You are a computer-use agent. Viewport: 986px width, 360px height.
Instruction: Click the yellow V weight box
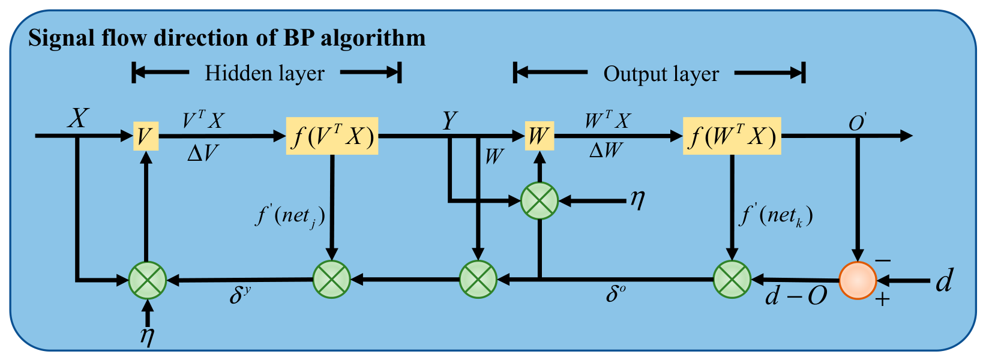(x=146, y=136)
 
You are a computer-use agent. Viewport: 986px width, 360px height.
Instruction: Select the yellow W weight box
(x=540, y=136)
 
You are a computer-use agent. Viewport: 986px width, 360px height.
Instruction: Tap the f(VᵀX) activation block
(x=332, y=136)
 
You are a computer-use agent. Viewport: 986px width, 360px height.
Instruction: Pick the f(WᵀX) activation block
(x=732, y=136)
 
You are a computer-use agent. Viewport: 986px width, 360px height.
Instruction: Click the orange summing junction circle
(x=858, y=280)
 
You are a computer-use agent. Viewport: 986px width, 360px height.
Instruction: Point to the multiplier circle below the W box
(x=540, y=200)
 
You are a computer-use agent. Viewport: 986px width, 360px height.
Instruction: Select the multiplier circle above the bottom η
(x=148, y=280)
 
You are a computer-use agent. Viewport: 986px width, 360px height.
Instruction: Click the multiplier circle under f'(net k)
(x=732, y=280)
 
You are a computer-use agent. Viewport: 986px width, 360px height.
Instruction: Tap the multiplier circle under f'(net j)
(x=332, y=280)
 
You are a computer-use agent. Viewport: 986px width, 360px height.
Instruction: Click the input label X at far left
(x=79, y=118)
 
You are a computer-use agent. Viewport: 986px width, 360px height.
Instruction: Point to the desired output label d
(x=944, y=280)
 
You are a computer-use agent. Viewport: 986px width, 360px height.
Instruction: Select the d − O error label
(x=796, y=296)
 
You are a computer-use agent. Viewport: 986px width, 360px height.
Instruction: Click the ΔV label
(x=202, y=153)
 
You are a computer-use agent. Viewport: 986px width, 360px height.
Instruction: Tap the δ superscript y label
(x=240, y=294)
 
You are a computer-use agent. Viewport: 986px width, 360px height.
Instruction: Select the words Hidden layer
(x=265, y=73)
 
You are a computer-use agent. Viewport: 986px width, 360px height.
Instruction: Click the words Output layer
(x=661, y=73)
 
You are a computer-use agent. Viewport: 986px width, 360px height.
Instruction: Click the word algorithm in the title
(x=373, y=38)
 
